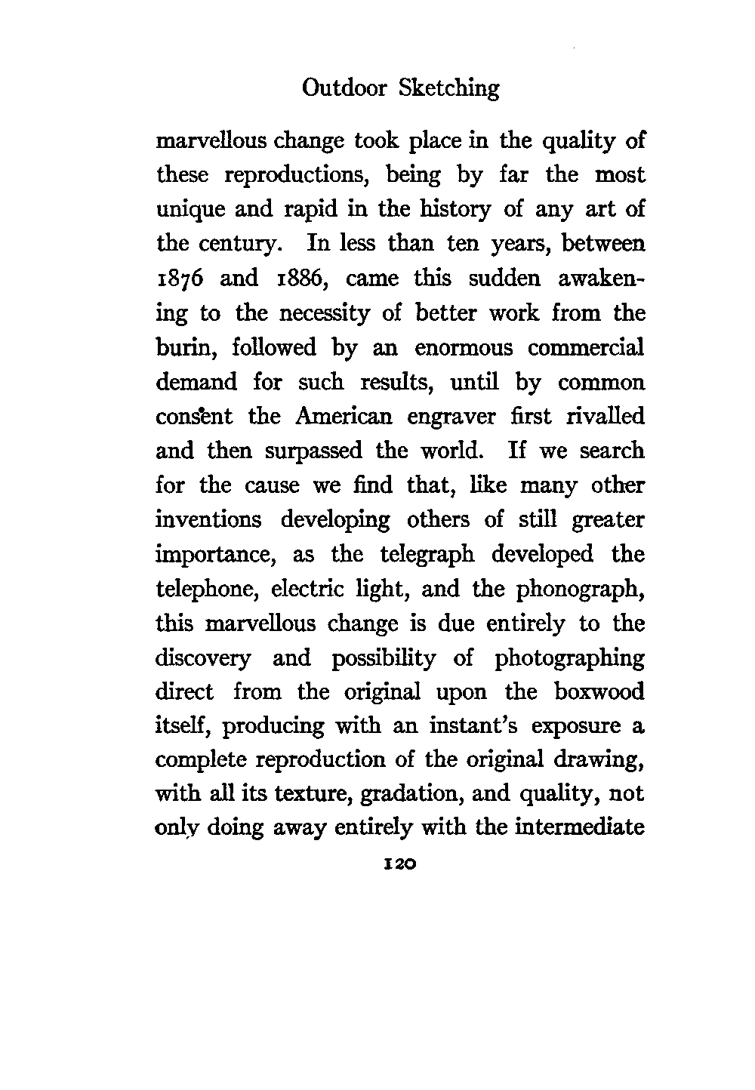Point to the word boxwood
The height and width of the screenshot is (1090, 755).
[599, 691]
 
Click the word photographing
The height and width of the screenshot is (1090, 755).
[570, 659]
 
